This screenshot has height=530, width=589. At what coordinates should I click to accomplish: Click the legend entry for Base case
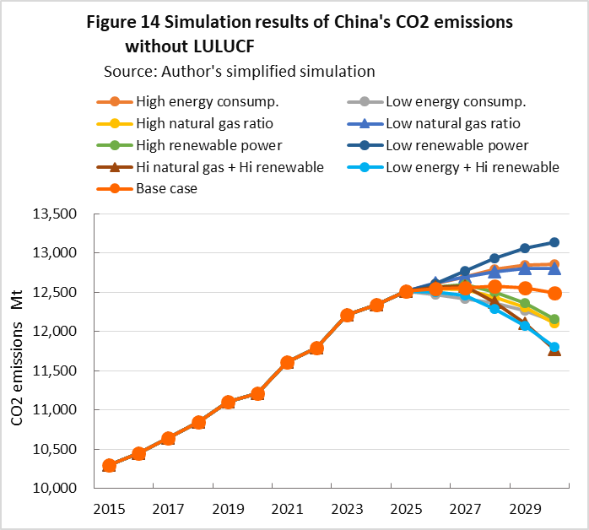coord(167,188)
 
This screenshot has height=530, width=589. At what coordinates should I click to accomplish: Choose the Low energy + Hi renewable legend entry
coord(473,167)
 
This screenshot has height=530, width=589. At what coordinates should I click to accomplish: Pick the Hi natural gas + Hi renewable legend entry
coord(230,167)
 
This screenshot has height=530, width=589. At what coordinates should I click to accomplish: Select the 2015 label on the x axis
coord(109,510)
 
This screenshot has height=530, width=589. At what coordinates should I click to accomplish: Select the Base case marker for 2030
coord(554,294)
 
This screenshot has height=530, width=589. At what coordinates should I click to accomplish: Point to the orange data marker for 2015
coord(109,465)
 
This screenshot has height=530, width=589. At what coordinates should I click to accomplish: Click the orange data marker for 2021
coord(287,362)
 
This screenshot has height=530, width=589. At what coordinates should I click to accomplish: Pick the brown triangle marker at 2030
coord(554,349)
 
